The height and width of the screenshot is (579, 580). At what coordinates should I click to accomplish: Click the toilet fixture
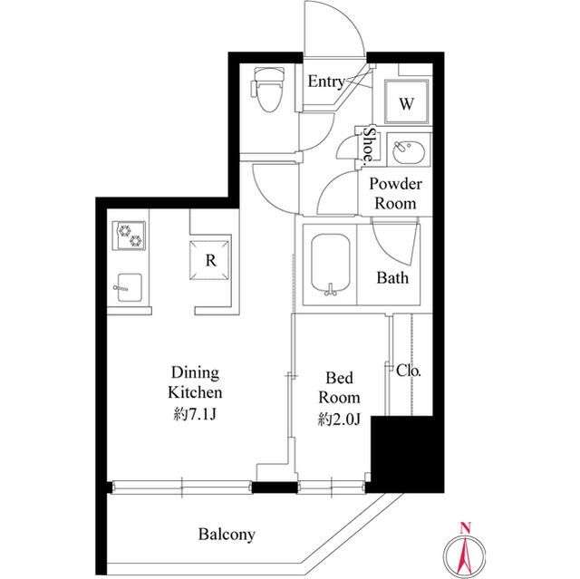(x=267, y=90)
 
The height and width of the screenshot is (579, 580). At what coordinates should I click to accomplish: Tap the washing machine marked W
(x=407, y=101)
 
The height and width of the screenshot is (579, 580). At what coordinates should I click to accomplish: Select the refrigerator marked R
(x=209, y=260)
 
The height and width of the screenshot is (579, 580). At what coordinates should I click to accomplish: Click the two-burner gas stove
(x=129, y=236)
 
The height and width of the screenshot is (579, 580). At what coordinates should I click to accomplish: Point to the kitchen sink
(x=128, y=287)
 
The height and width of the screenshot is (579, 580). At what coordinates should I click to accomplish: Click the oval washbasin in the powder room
(x=408, y=150)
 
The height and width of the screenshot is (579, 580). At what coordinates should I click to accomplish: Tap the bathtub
(x=330, y=265)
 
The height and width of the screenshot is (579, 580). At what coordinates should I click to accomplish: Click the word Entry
(x=326, y=82)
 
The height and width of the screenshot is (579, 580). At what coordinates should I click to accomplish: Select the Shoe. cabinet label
(x=369, y=146)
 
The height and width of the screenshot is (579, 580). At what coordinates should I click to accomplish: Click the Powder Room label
(x=395, y=193)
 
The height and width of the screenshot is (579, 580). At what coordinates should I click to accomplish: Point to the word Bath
(x=392, y=277)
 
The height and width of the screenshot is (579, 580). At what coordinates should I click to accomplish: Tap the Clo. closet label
(x=409, y=370)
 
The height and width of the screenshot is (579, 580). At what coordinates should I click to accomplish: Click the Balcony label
(x=227, y=535)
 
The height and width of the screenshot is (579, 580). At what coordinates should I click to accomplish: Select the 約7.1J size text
(x=195, y=415)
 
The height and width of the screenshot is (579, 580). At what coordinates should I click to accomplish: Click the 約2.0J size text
(x=339, y=420)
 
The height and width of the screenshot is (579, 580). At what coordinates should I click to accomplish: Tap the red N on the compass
(x=465, y=527)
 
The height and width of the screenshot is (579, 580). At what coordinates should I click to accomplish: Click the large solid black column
(x=407, y=454)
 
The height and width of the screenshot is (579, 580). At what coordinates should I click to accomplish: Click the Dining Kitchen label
(x=195, y=382)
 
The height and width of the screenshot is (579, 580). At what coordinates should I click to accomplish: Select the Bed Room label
(x=339, y=388)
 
